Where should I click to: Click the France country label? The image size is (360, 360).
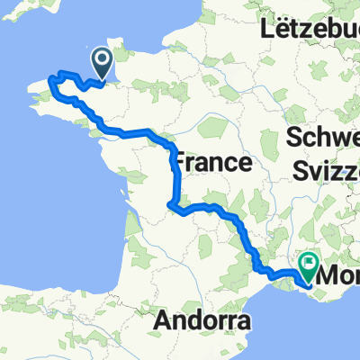[x=210, y=163]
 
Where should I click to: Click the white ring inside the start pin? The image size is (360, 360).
[x=102, y=60]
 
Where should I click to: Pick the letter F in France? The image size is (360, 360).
[x=178, y=163]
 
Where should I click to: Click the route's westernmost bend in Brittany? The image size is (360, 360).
[x=50, y=85]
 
